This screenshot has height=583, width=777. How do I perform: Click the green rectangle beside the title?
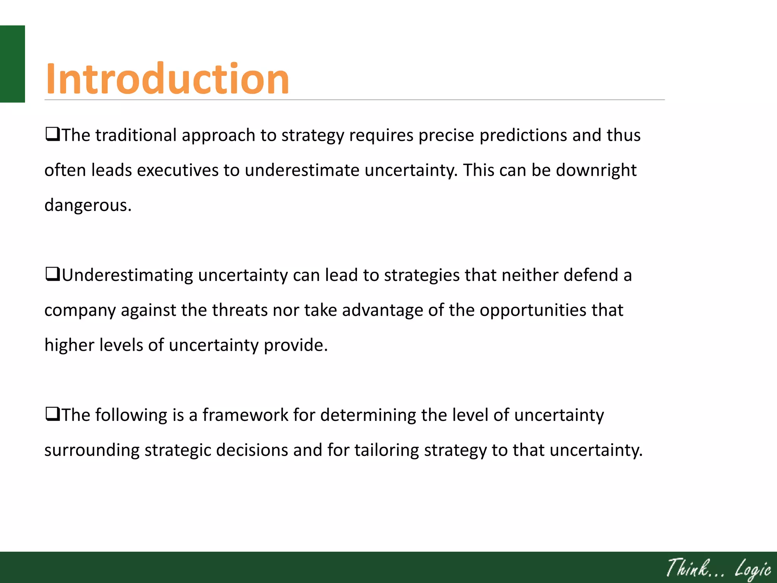[12, 64]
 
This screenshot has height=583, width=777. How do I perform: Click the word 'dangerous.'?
[88, 205]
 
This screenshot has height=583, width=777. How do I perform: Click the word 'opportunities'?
[533, 310]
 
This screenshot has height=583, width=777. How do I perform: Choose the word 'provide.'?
[296, 345]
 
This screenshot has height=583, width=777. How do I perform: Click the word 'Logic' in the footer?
[753, 569]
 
